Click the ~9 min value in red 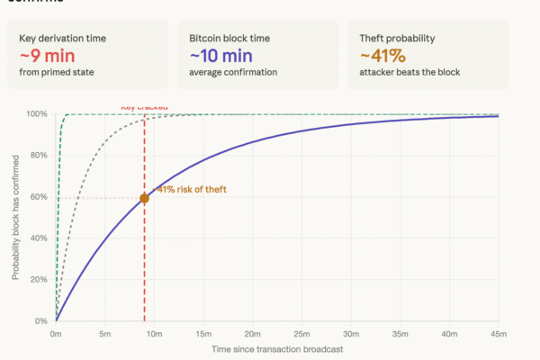(x=44, y=56)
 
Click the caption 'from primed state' (x=56, y=71)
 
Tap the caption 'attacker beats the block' (x=409, y=71)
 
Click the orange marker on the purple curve (x=144, y=198)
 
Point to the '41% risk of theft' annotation (x=191, y=189)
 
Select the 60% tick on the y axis (x=39, y=197)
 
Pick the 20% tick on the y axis (x=39, y=280)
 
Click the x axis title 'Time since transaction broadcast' (x=277, y=348)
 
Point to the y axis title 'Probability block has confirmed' (x=15, y=216)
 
